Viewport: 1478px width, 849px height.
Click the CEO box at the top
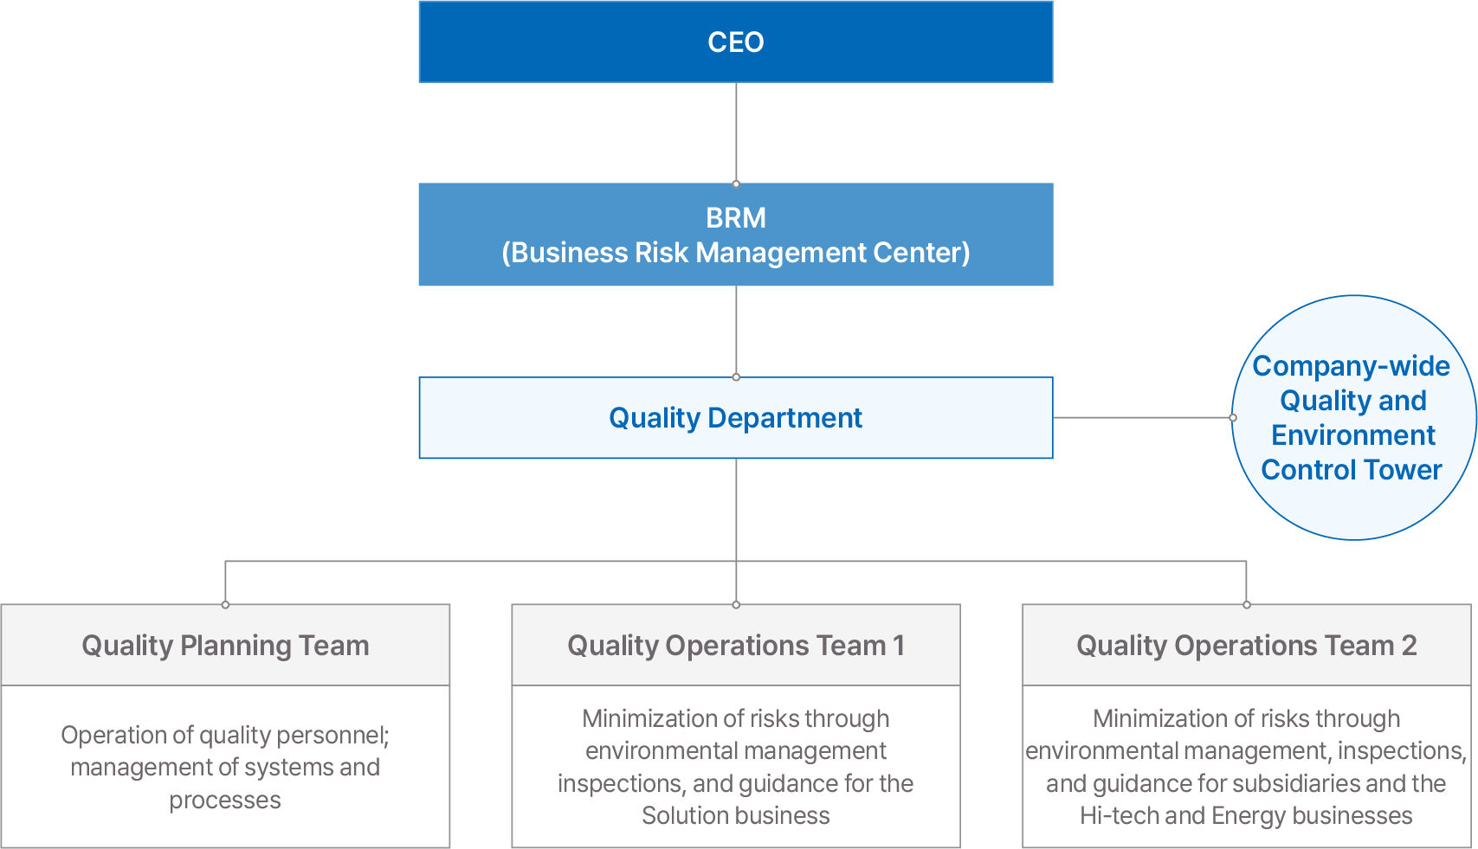(x=736, y=42)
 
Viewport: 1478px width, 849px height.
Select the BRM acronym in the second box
(x=736, y=218)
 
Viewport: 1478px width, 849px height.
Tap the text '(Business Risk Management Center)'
(x=736, y=253)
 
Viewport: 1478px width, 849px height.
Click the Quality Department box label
(x=736, y=417)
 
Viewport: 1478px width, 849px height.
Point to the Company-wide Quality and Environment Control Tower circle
(x=1354, y=417)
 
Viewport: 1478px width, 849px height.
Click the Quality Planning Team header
(x=226, y=645)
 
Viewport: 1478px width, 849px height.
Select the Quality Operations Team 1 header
(x=736, y=645)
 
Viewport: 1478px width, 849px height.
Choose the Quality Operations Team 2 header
(x=1247, y=645)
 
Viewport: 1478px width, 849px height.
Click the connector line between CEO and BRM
(x=736, y=132)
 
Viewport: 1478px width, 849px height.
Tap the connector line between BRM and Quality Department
(x=736, y=331)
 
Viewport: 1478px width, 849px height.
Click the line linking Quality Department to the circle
(x=1142, y=417)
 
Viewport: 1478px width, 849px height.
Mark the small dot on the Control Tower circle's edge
(x=1233, y=417)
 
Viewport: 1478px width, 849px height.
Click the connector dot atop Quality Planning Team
(x=226, y=604)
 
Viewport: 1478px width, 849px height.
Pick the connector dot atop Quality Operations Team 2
(x=1247, y=604)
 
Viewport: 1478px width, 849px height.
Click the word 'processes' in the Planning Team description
(x=225, y=801)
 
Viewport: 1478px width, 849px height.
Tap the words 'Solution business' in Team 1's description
(x=736, y=816)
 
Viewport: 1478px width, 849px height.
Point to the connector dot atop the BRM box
(x=736, y=183)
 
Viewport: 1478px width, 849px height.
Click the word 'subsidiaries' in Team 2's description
(x=1295, y=784)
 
